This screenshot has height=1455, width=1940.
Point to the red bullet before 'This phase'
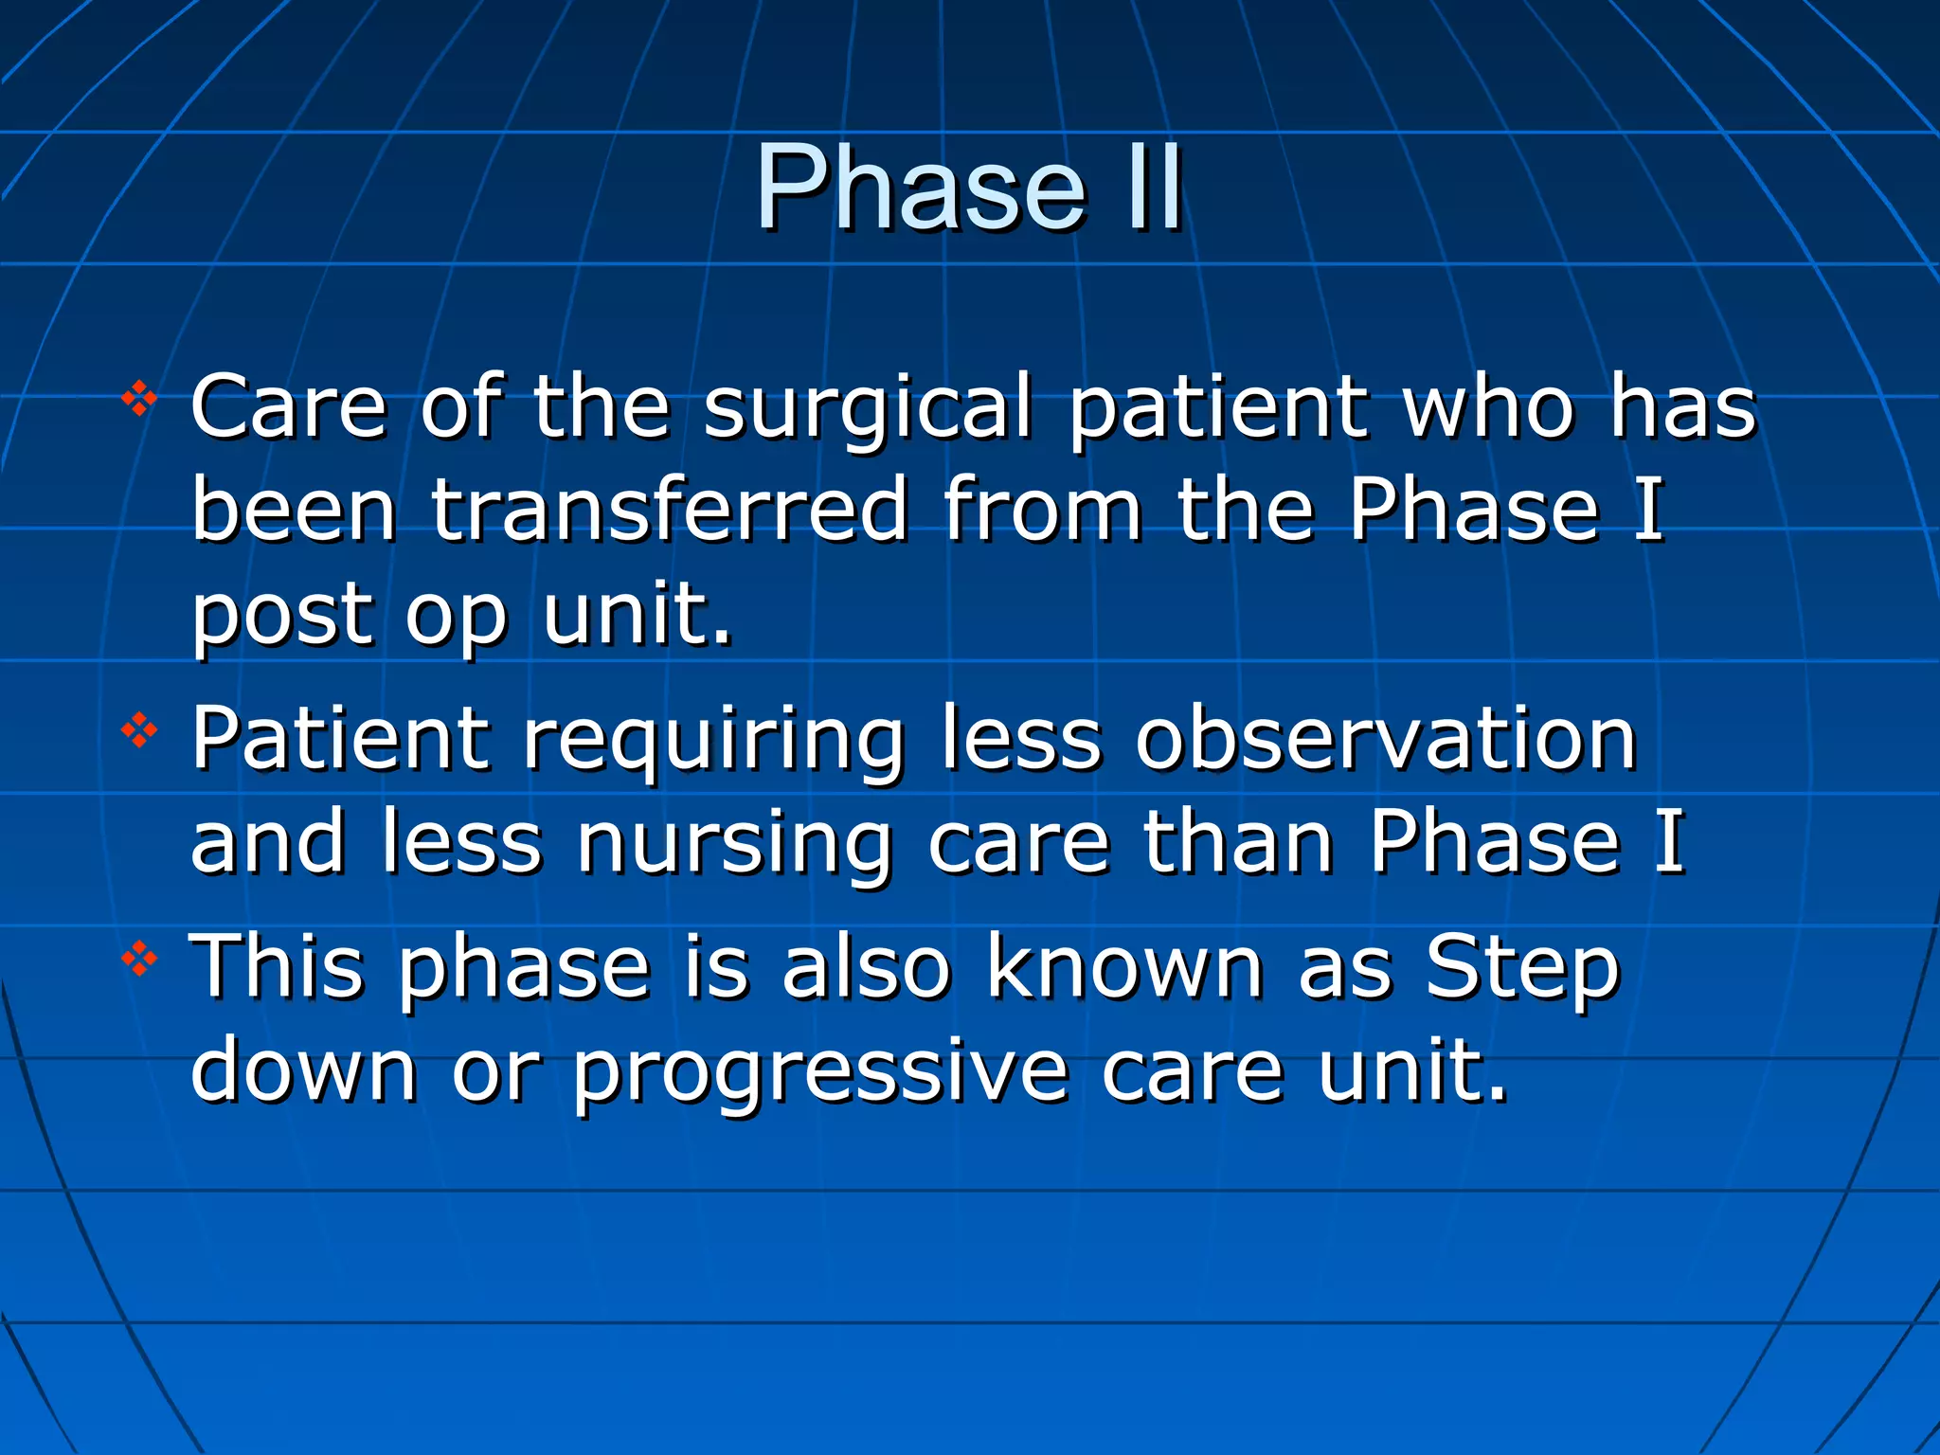click(x=139, y=960)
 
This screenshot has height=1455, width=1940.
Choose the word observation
click(x=1387, y=740)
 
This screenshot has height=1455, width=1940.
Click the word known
click(x=1124, y=967)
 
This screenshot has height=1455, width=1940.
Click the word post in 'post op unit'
click(x=282, y=616)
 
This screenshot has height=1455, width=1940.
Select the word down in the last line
click(x=303, y=1070)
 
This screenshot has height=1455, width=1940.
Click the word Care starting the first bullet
click(x=289, y=407)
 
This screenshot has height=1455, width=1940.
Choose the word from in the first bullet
click(x=1042, y=511)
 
